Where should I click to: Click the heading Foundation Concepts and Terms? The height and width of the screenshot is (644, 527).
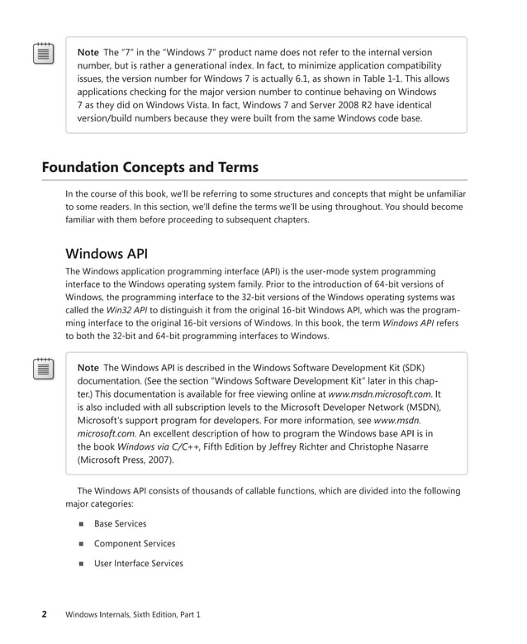pyautogui.click(x=150, y=168)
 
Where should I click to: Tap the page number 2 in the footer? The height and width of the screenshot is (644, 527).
pyautogui.click(x=45, y=614)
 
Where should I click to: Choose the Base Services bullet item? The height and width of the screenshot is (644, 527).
pyautogui.click(x=120, y=523)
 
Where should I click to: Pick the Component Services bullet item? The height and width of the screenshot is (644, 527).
pyautogui.click(x=135, y=544)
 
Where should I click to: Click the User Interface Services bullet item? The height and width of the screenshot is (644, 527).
pyautogui.click(x=138, y=564)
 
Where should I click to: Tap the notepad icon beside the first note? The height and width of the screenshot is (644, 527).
pyautogui.click(x=44, y=54)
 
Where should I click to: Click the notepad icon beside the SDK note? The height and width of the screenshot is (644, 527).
pyautogui.click(x=44, y=369)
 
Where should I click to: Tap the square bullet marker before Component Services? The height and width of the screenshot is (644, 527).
pyautogui.click(x=81, y=544)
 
